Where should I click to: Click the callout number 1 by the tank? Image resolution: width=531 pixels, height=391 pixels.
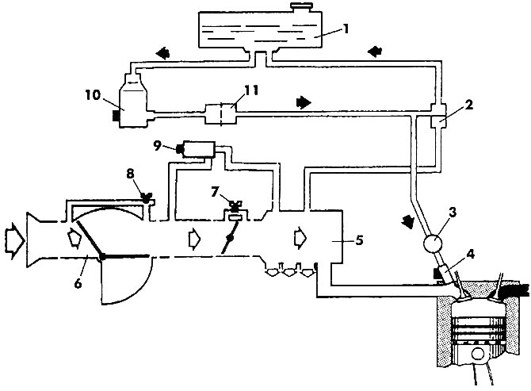pos(346,29)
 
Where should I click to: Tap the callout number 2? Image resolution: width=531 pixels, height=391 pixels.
pos(468,105)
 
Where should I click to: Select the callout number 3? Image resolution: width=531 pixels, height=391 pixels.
pos(453,213)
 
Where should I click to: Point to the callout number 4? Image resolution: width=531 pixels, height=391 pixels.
pos(471,254)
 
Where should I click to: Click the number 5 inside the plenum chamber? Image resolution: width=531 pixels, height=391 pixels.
pos(359,240)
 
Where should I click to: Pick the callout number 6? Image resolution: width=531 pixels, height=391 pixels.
pos(78,283)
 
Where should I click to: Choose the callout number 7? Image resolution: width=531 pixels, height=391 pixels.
pos(215,192)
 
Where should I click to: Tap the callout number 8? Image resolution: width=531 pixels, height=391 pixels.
pos(131,174)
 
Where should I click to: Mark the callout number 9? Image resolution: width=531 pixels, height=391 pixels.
pos(157,146)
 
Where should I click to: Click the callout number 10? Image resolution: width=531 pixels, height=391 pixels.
pos(93,95)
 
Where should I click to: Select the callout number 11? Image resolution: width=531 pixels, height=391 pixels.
pos(251,90)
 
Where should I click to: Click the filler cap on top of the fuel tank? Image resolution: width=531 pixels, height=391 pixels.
pos(301,7)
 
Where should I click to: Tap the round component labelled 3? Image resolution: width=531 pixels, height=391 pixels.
pos(434,243)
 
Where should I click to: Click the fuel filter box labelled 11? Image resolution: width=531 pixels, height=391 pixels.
pos(220,114)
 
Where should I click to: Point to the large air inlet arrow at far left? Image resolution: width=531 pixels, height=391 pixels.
pos(14,240)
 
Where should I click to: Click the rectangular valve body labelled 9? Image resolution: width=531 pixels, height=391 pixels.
pos(199,149)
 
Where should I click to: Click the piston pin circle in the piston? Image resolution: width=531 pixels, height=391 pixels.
pos(478,355)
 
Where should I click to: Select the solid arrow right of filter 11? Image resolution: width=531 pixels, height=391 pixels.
pos(304,102)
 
